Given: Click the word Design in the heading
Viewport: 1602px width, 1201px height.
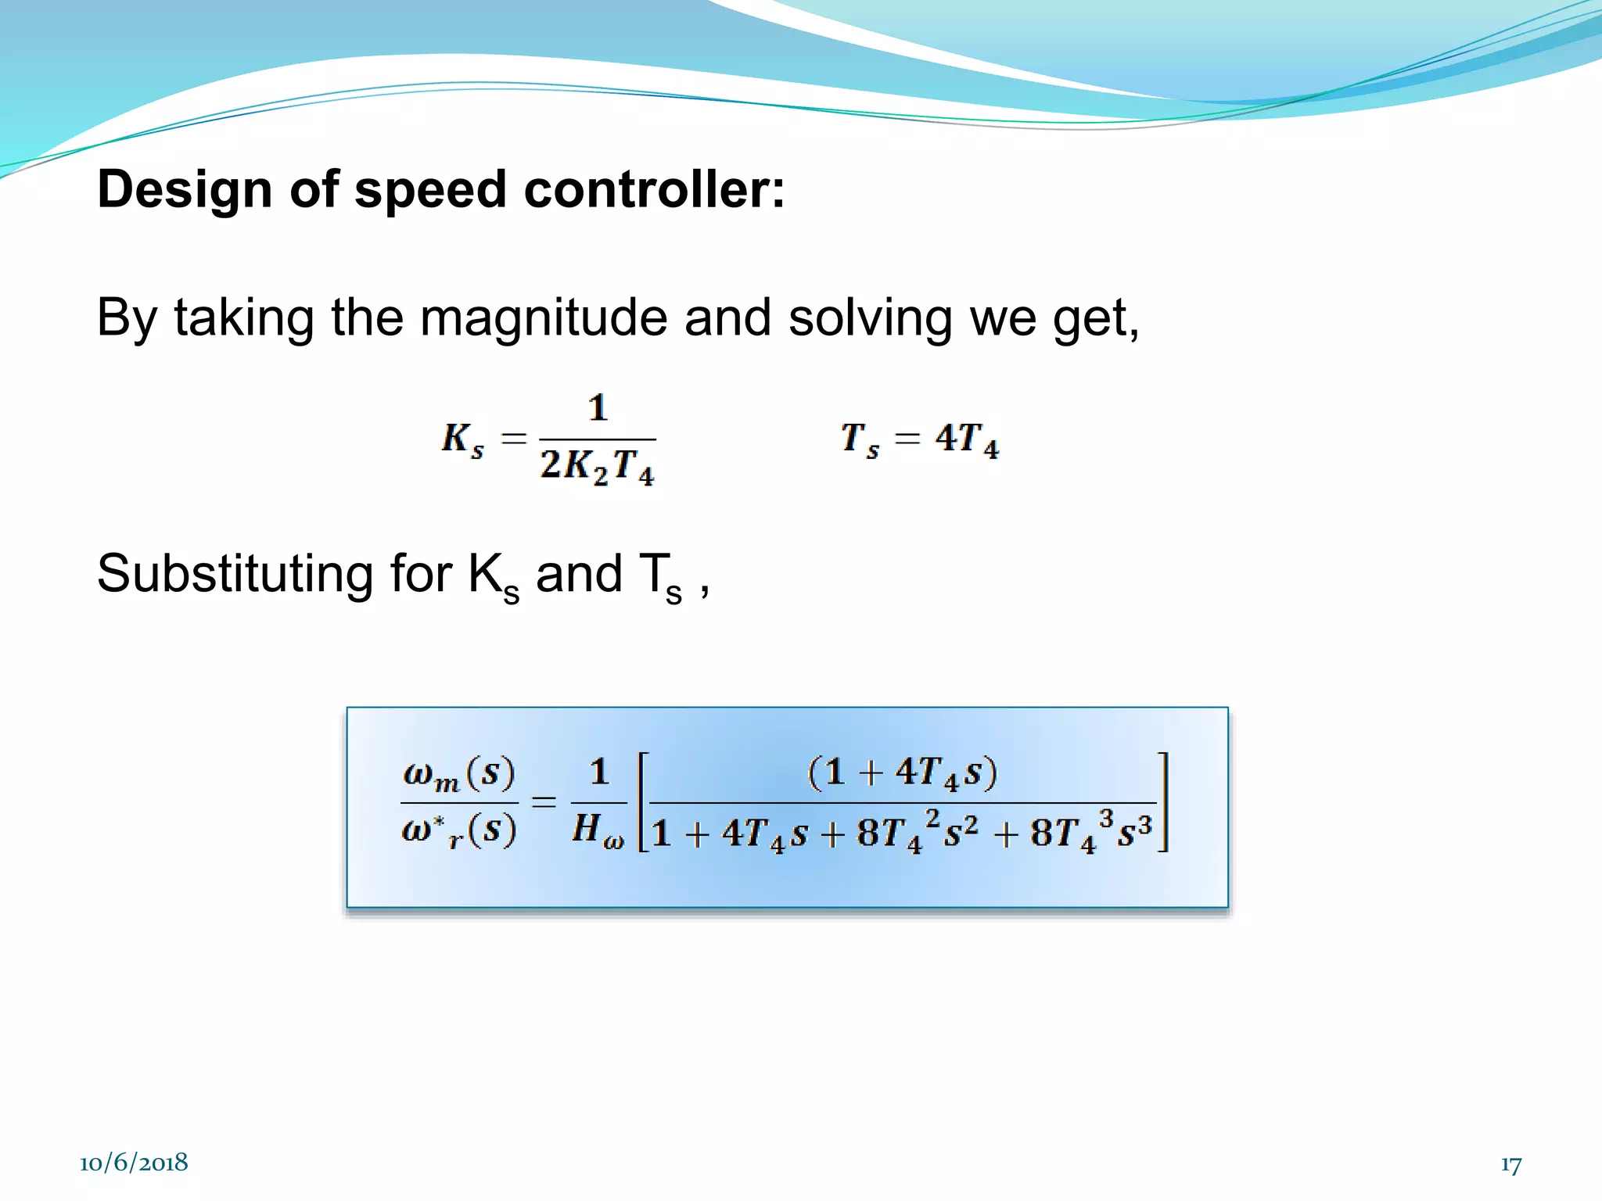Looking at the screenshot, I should [185, 190].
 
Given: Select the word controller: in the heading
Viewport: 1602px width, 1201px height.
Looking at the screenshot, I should [654, 190].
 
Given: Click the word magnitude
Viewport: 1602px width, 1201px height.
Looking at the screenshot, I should [544, 319].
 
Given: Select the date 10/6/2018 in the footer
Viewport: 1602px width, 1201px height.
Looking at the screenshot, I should [134, 1163].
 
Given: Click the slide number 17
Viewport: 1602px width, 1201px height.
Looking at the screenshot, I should [1510, 1165].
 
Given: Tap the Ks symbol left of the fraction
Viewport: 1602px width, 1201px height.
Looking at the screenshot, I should [462, 439].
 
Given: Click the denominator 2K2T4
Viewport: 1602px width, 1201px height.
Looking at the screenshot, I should [597, 466].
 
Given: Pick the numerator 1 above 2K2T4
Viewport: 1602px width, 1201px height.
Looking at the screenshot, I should [598, 408].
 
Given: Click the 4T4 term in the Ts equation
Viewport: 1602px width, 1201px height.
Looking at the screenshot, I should [967, 439].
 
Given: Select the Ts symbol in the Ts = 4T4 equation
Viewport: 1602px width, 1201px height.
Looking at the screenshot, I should [860, 439].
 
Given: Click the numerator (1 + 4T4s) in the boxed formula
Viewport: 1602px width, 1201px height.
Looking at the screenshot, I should [903, 773].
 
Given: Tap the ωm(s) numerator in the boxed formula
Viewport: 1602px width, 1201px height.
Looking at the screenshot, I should [459, 774].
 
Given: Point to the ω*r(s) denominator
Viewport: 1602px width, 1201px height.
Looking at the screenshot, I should [459, 830].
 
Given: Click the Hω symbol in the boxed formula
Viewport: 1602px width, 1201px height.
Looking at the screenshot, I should [598, 830].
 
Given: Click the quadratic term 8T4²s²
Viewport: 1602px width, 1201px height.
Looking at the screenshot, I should [917, 832].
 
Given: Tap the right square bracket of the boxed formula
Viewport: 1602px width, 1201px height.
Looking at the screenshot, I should [1163, 801].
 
